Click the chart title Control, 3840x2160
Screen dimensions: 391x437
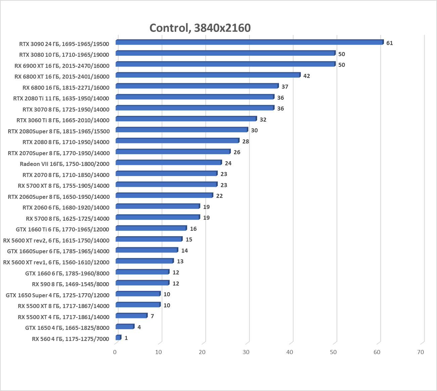pyautogui.click(x=200, y=28)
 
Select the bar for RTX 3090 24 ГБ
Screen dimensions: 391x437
pyautogui.click(x=249, y=42)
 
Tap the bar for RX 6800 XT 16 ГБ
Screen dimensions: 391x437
pyautogui.click(x=208, y=75)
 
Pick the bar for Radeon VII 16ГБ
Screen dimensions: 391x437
pyautogui.click(x=168, y=163)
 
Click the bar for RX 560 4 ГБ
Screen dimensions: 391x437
pyautogui.click(x=118, y=338)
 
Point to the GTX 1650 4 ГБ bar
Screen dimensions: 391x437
pyautogui.click(x=125, y=327)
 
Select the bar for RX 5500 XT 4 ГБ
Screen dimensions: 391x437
pyautogui.click(x=131, y=316)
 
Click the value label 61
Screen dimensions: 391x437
pyautogui.click(x=389, y=43)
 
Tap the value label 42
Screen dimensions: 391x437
pyautogui.click(x=306, y=76)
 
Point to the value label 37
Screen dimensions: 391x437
pyautogui.click(x=285, y=87)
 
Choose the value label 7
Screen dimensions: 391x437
pyautogui.click(x=152, y=316)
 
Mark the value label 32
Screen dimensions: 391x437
pyautogui.click(x=263, y=120)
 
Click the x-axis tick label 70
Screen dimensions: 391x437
pyautogui.click(x=420, y=352)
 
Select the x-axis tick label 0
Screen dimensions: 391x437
pyautogui.click(x=115, y=352)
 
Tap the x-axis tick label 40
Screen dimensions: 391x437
pyautogui.click(x=290, y=352)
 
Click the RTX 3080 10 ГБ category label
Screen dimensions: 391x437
pyautogui.click(x=64, y=55)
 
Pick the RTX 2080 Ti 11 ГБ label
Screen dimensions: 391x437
pyautogui.click(x=61, y=98)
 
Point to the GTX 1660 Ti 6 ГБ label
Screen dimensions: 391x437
pyautogui.click(x=62, y=229)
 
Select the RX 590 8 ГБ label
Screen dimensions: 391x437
pyautogui.click(x=70, y=284)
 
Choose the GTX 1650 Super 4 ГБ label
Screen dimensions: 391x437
pyautogui.click(x=57, y=295)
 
